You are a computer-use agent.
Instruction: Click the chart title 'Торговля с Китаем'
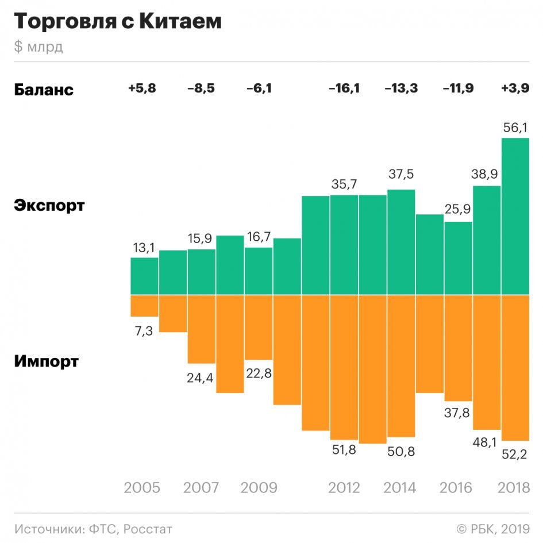(117, 22)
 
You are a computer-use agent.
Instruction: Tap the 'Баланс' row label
(44, 90)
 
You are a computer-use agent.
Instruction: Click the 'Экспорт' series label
(49, 205)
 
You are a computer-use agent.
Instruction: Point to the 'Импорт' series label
(46, 362)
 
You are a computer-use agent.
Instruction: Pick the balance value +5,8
(142, 88)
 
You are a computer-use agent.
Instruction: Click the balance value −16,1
(344, 88)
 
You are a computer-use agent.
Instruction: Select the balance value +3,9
(515, 88)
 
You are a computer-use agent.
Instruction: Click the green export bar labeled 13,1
(144, 276)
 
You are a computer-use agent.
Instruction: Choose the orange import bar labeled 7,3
(144, 306)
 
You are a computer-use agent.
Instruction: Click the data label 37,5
(401, 174)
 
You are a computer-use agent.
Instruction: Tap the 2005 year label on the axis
(142, 488)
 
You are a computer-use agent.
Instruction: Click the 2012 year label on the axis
(344, 488)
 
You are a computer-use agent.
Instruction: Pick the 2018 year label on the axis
(513, 488)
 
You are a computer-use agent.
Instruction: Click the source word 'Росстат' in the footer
(148, 529)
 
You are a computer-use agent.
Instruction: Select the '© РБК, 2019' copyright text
(492, 529)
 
